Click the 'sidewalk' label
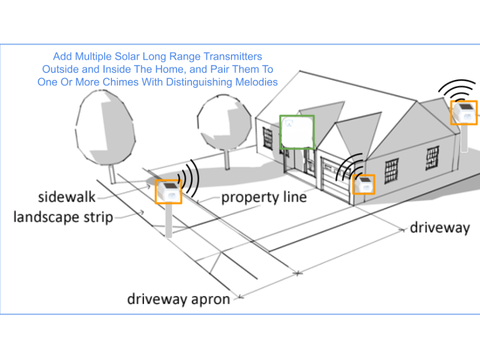67,197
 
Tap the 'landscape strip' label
63,218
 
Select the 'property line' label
264,197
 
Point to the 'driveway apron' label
179,299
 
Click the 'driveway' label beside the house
440,228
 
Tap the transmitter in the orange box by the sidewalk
169,191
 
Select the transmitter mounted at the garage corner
363,185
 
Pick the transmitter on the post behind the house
464,113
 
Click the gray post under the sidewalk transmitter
169,220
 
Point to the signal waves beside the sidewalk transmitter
189,179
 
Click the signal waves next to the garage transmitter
349,167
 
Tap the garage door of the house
335,181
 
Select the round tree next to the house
225,123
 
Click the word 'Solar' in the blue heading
127,57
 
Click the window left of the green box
268,138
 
